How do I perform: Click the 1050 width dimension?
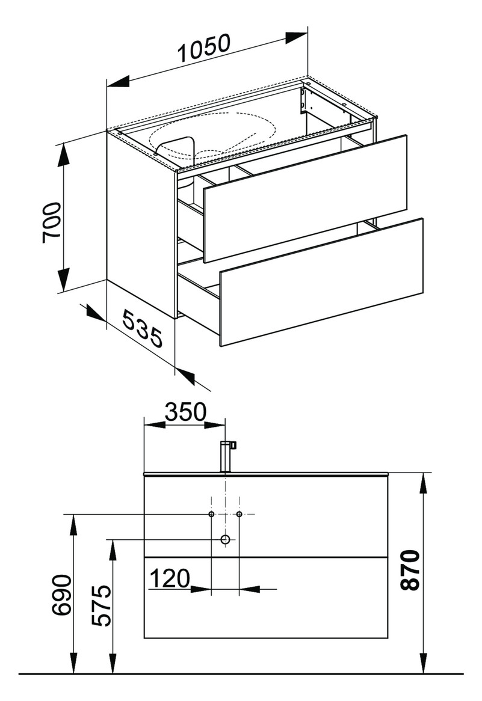pyautogui.click(x=204, y=48)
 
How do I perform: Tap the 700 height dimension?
pyautogui.click(x=52, y=222)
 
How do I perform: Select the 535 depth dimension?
pyautogui.click(x=143, y=330)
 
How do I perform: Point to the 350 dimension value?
pyautogui.click(x=186, y=412)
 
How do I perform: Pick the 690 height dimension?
pyautogui.click(x=61, y=596)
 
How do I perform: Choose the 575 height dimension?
pyautogui.click(x=101, y=605)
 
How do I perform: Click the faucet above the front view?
pyautogui.click(x=228, y=456)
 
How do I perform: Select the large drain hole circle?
pyautogui.click(x=225, y=540)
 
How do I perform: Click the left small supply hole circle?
pyautogui.click(x=211, y=514)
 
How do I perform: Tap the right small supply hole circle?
pyautogui.click(x=239, y=514)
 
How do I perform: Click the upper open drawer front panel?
pyautogui.click(x=305, y=199)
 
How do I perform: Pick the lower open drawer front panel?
pyautogui.click(x=321, y=281)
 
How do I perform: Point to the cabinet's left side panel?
pyautogui.click(x=141, y=224)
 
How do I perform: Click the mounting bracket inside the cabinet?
pyautogui.click(x=304, y=100)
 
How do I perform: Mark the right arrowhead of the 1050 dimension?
pyautogui.click(x=297, y=38)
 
